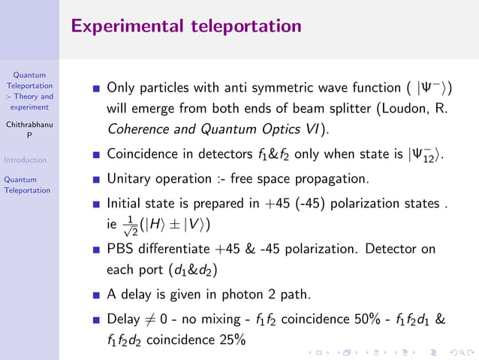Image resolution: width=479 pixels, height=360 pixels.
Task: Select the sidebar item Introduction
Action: (26, 160)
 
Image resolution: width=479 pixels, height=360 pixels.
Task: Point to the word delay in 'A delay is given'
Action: (137, 294)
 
